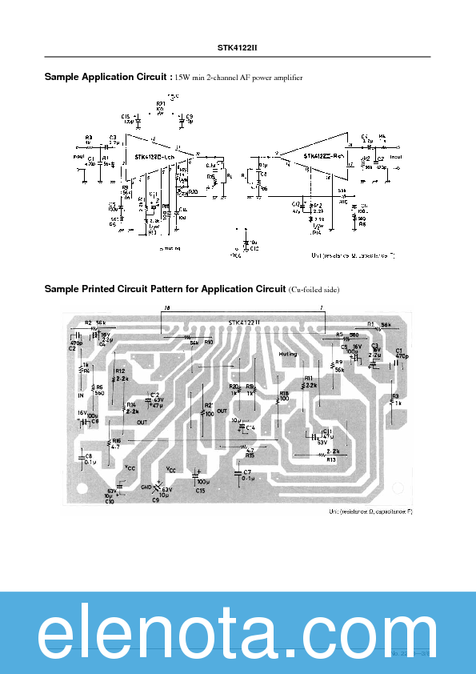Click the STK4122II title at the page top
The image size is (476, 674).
(238, 47)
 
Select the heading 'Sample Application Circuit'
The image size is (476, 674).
(107, 77)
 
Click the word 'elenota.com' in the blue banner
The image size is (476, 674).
(238, 636)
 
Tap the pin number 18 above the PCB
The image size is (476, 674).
(166, 307)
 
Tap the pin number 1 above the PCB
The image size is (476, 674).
(321, 307)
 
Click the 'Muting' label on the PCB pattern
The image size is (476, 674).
(287, 353)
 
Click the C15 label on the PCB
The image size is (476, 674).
(201, 490)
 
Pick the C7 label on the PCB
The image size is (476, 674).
(247, 472)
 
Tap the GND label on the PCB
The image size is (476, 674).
(146, 486)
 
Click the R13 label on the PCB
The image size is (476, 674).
(331, 459)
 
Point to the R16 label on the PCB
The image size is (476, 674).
(117, 440)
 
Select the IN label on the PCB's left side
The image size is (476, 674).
(80, 395)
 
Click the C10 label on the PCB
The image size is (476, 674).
(109, 501)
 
